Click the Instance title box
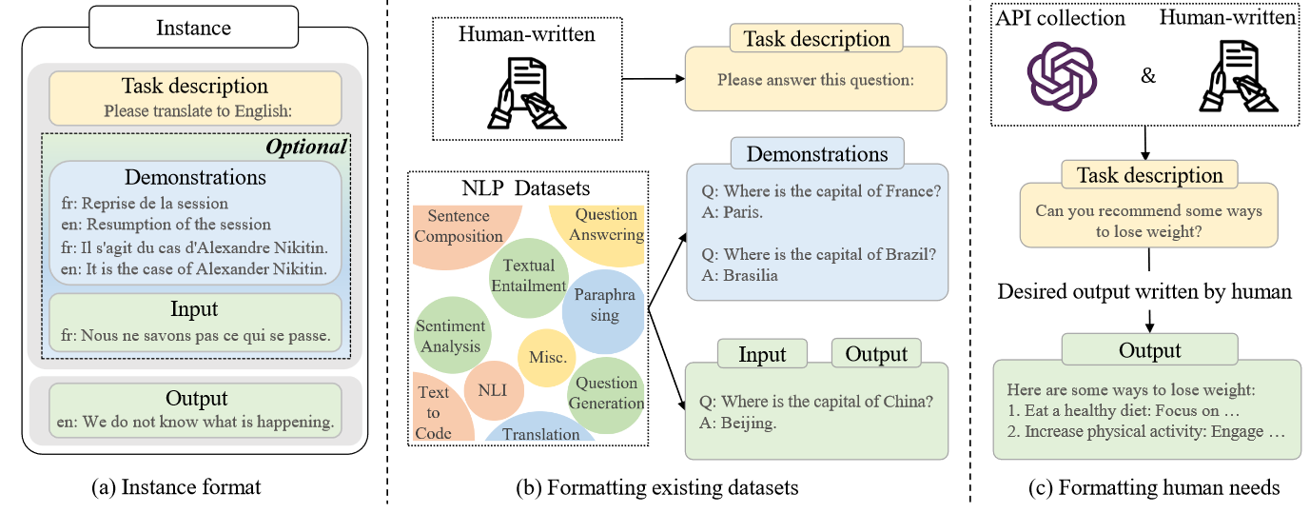[x=193, y=27]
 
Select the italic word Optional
[x=305, y=148]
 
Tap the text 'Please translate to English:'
[x=194, y=110]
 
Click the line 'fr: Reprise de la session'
[x=142, y=203]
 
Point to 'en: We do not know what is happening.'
[x=194, y=422]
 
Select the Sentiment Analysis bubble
[x=450, y=336]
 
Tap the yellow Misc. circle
[x=548, y=358]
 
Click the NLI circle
[x=494, y=391]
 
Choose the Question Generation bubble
[x=606, y=393]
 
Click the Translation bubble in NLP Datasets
[x=540, y=433]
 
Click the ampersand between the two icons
[x=1148, y=75]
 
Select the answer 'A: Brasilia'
[x=738, y=276]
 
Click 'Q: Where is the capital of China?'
[x=815, y=401]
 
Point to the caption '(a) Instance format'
[x=175, y=488]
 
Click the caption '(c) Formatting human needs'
[x=1154, y=488]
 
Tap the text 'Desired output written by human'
[x=1144, y=291]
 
